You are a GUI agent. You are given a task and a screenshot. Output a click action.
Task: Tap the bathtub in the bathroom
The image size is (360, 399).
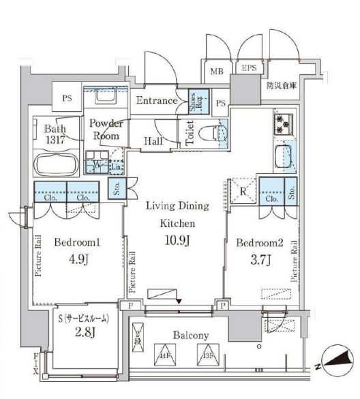(57, 164)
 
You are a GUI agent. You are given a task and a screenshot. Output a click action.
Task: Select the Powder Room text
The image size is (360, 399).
(104, 130)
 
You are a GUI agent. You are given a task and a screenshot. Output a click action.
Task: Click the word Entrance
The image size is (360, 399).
(157, 101)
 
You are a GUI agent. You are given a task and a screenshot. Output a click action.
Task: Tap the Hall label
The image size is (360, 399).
(152, 141)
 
